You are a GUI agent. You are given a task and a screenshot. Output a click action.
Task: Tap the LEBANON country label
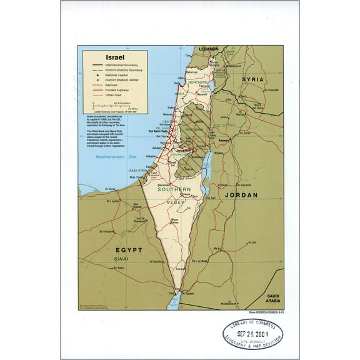pyautogui.click(x=208, y=49)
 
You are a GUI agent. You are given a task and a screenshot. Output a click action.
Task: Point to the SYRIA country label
pyautogui.click(x=253, y=80)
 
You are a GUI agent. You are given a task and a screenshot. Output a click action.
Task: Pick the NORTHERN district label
pyautogui.click(x=198, y=82)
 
